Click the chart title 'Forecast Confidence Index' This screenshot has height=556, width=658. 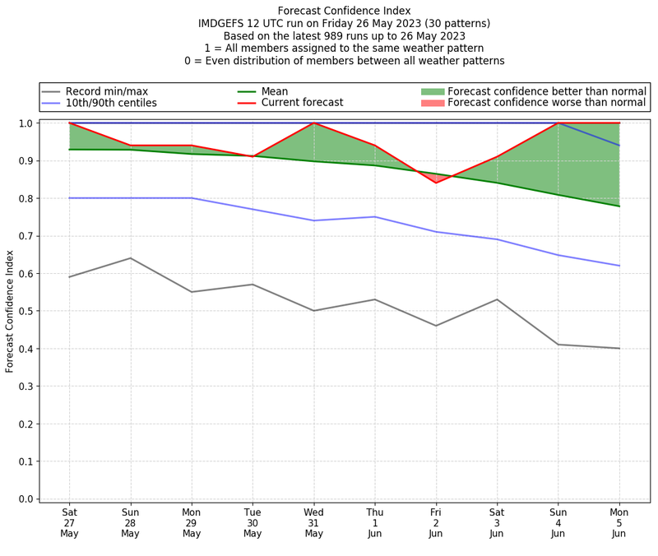(x=345, y=11)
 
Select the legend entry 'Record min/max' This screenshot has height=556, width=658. (x=106, y=90)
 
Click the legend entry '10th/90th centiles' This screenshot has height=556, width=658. (x=111, y=103)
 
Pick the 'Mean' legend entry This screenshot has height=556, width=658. (x=274, y=90)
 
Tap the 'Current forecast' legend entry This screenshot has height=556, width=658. (x=302, y=103)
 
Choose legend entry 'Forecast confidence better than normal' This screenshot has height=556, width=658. (x=547, y=90)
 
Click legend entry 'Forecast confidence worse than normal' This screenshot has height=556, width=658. (x=547, y=103)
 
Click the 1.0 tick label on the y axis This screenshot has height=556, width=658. (x=26, y=123)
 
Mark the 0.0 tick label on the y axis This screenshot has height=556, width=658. (x=26, y=499)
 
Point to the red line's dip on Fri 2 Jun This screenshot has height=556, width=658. (x=436, y=183)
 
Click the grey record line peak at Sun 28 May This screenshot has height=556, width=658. (x=130, y=258)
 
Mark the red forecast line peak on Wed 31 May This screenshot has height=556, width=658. (x=313, y=123)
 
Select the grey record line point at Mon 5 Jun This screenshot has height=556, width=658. (x=619, y=349)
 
